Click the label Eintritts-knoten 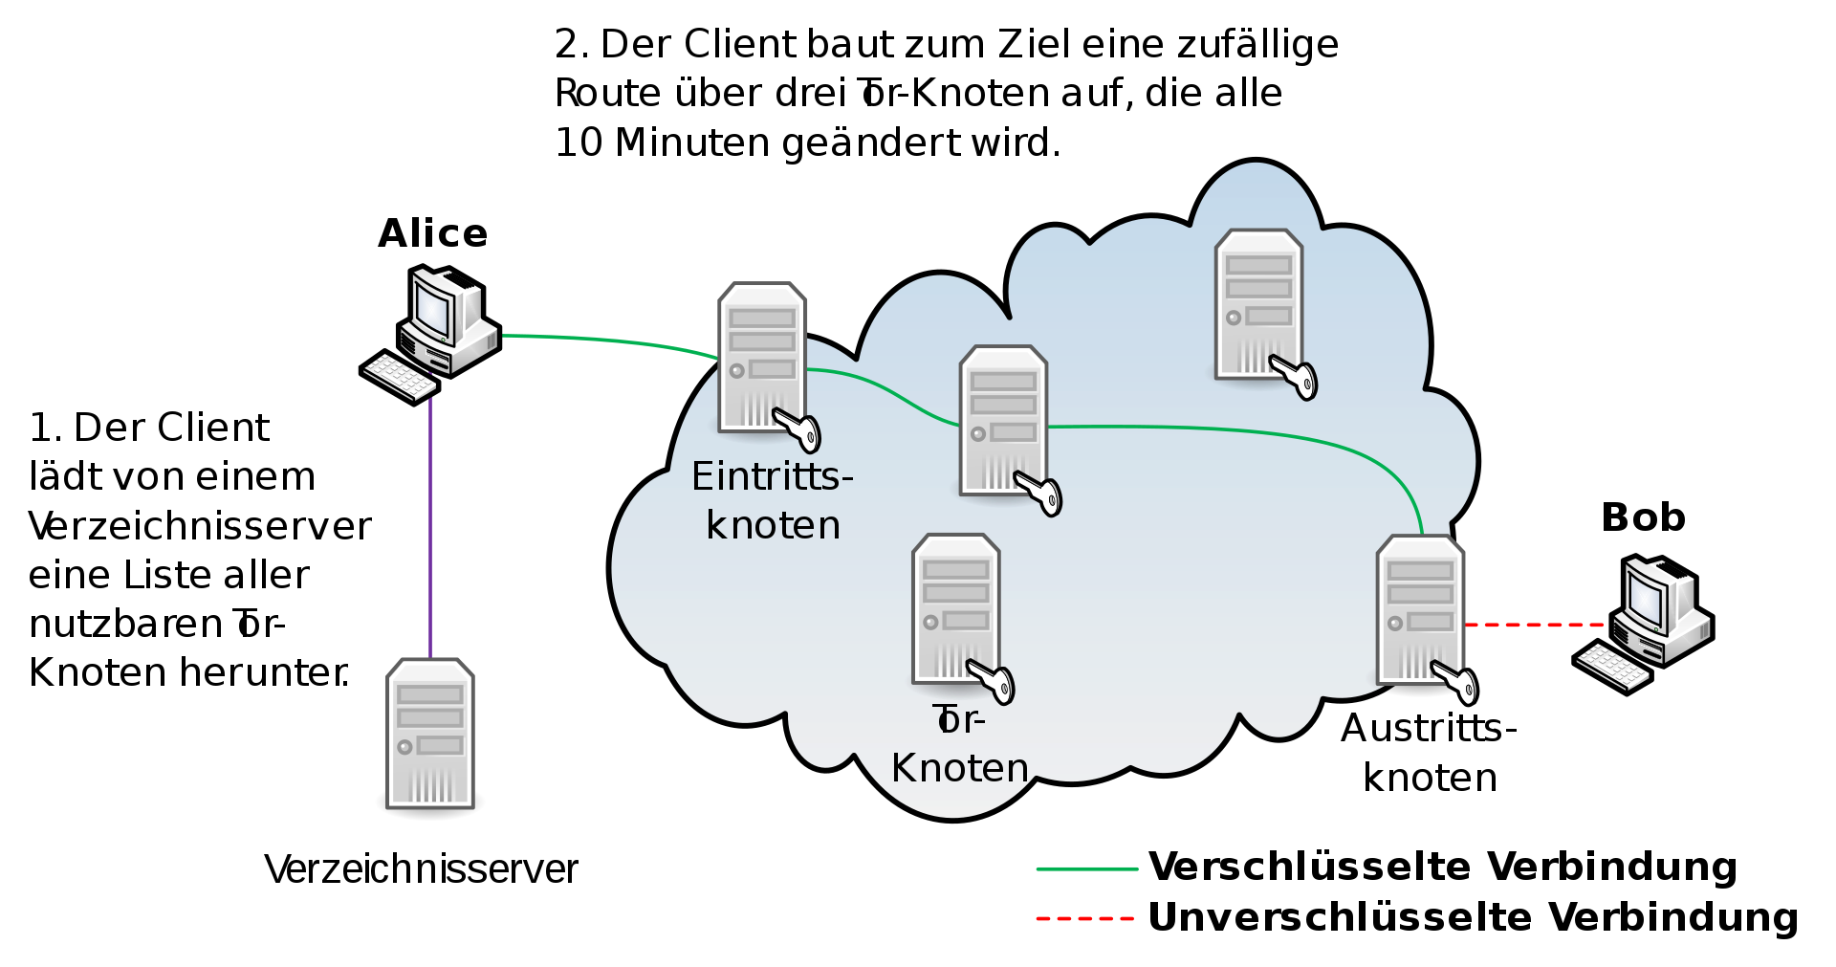coord(772,500)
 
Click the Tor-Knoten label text coord(959,744)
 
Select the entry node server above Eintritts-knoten coord(762,356)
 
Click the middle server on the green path coord(1003,419)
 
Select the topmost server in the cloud coord(1258,303)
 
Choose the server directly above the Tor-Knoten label coord(955,607)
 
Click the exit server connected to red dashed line coord(1420,609)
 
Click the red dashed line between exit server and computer coord(1535,625)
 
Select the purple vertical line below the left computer coord(430,526)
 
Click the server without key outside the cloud coord(430,734)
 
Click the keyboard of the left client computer coord(400,376)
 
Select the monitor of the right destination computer coord(1648,599)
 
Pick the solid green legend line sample coord(1087,868)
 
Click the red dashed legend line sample coord(1085,918)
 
